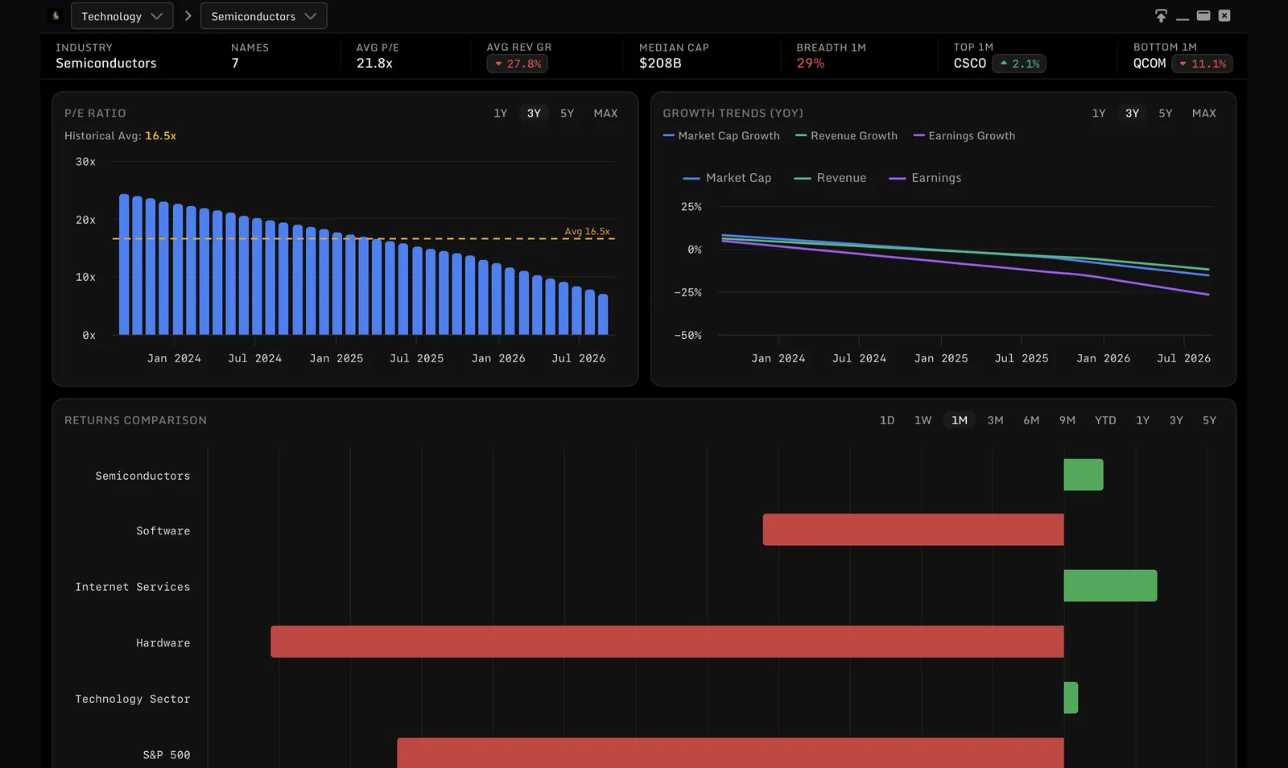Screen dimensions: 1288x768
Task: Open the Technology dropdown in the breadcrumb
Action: pyautogui.click(x=122, y=16)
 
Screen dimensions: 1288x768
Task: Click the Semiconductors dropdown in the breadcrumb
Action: pyautogui.click(x=263, y=16)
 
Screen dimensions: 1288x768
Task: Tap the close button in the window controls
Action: pyautogui.click(x=1224, y=15)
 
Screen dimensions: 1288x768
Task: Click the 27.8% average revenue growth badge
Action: pyautogui.click(x=518, y=64)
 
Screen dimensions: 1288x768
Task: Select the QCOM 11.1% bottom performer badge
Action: pyautogui.click(x=1202, y=64)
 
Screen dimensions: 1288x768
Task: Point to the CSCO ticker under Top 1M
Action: pyautogui.click(x=969, y=64)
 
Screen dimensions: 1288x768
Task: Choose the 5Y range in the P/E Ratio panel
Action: pyautogui.click(x=567, y=114)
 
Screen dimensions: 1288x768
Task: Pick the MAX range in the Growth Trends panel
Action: pyautogui.click(x=1203, y=114)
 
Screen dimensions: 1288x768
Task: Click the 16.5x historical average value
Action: pyautogui.click(x=160, y=136)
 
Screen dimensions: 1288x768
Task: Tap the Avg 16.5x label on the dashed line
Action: pyautogui.click(x=587, y=231)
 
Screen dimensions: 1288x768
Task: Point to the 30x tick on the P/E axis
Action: pyautogui.click(x=85, y=162)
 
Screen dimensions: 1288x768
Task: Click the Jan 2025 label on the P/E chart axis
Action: pyautogui.click(x=336, y=358)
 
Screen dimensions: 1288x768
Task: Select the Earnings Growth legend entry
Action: pyautogui.click(x=964, y=136)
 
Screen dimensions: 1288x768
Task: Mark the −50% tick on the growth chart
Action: pyautogui.click(x=687, y=335)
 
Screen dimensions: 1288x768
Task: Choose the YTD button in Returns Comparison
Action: pyautogui.click(x=1105, y=420)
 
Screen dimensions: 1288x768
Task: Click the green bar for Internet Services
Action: pyautogui.click(x=1110, y=586)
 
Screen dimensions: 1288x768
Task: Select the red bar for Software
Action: pyautogui.click(x=913, y=530)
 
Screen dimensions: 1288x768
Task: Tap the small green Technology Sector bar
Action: pyautogui.click(x=1071, y=698)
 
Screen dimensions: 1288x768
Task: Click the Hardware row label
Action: pyautogui.click(x=163, y=642)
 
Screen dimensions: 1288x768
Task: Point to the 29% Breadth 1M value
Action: pyautogui.click(x=810, y=64)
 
